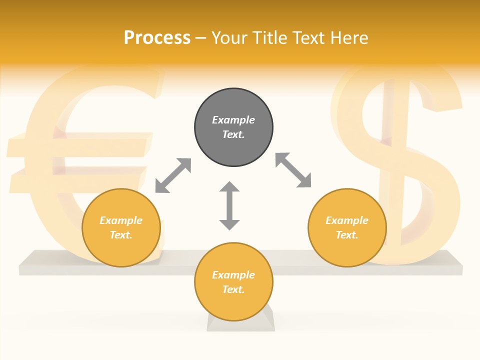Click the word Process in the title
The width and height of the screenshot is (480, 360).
(x=157, y=38)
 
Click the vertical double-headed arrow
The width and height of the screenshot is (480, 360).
(x=229, y=205)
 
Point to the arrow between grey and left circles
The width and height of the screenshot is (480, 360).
(x=173, y=175)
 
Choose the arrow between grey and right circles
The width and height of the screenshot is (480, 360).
(x=293, y=170)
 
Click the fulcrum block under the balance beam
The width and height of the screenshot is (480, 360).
(x=241, y=320)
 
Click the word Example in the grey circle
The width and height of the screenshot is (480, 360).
(x=233, y=120)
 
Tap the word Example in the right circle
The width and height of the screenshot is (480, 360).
(x=347, y=220)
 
